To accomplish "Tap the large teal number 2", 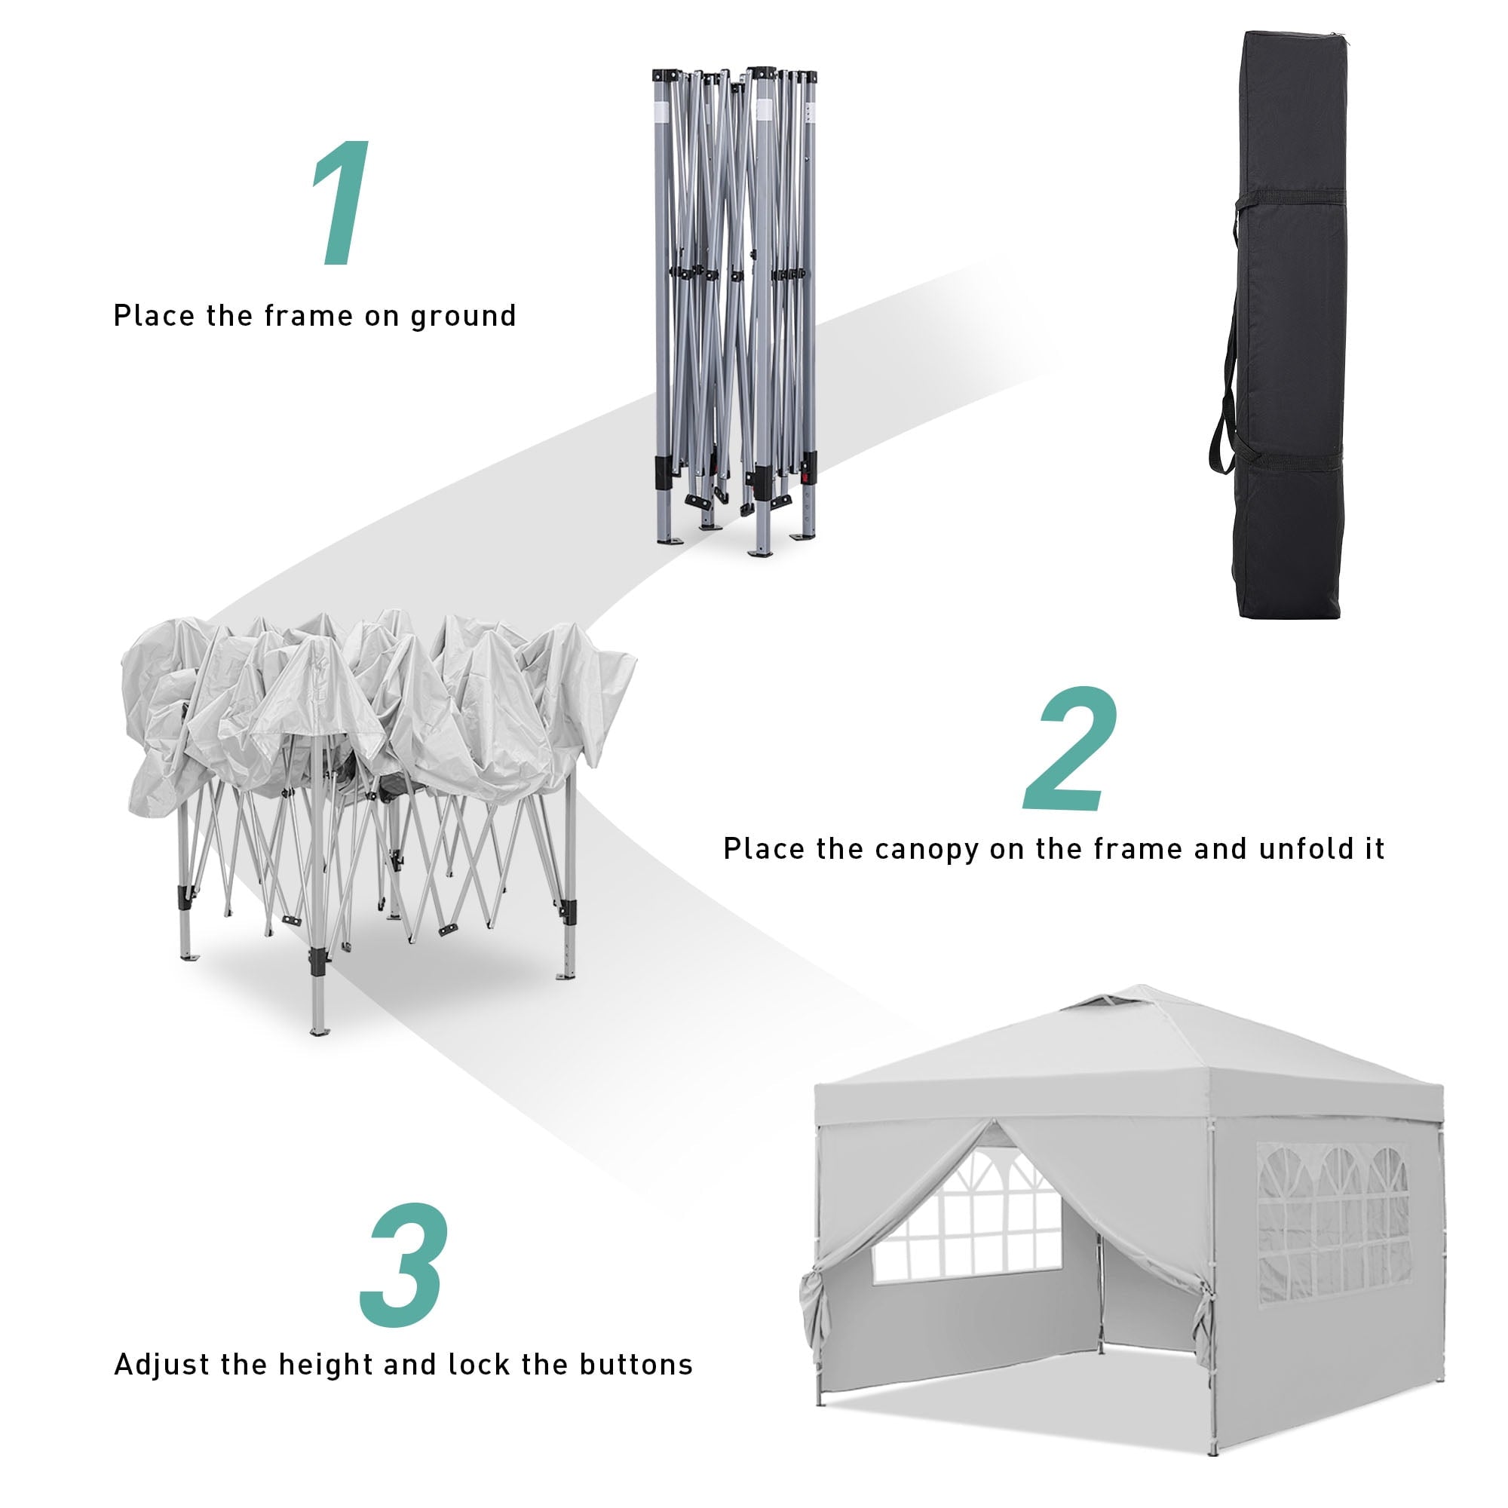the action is pos(1071,749).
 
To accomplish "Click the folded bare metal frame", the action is pos(734,311).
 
